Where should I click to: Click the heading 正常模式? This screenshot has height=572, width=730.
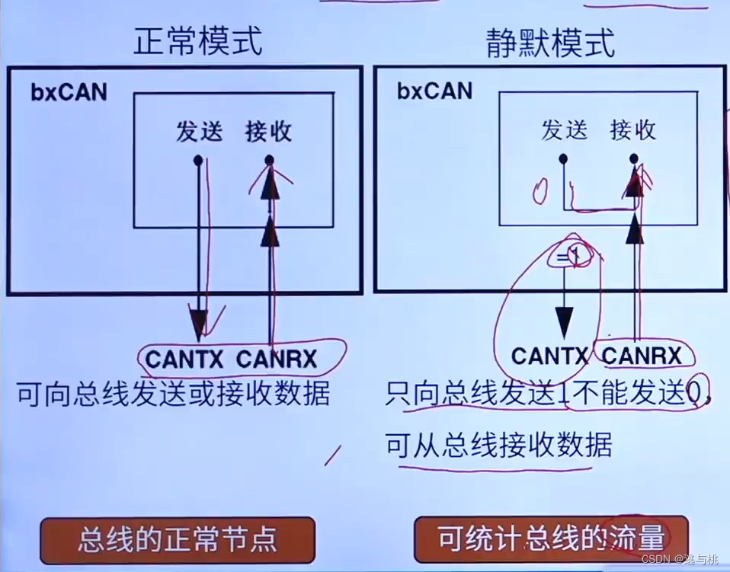(199, 42)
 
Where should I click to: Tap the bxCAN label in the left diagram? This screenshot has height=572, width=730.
(69, 93)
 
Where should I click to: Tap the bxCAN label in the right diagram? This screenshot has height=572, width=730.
(434, 91)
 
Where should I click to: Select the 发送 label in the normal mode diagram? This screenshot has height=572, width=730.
(199, 132)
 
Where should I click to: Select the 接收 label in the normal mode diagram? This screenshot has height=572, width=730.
(268, 132)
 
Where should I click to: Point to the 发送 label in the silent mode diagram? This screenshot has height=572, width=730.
(564, 130)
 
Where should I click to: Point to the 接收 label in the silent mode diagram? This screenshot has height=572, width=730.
(632, 130)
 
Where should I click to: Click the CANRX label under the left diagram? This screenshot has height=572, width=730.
(277, 358)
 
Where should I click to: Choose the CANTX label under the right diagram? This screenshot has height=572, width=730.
(550, 356)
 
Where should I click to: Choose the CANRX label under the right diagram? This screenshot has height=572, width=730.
(642, 356)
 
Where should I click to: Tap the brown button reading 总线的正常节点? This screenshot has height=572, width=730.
(177, 540)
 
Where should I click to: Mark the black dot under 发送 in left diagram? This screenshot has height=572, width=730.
(198, 160)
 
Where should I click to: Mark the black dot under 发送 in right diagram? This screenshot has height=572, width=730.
(563, 159)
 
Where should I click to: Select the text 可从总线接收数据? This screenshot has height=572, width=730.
(499, 444)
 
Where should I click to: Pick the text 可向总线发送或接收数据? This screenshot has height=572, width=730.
(173, 395)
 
